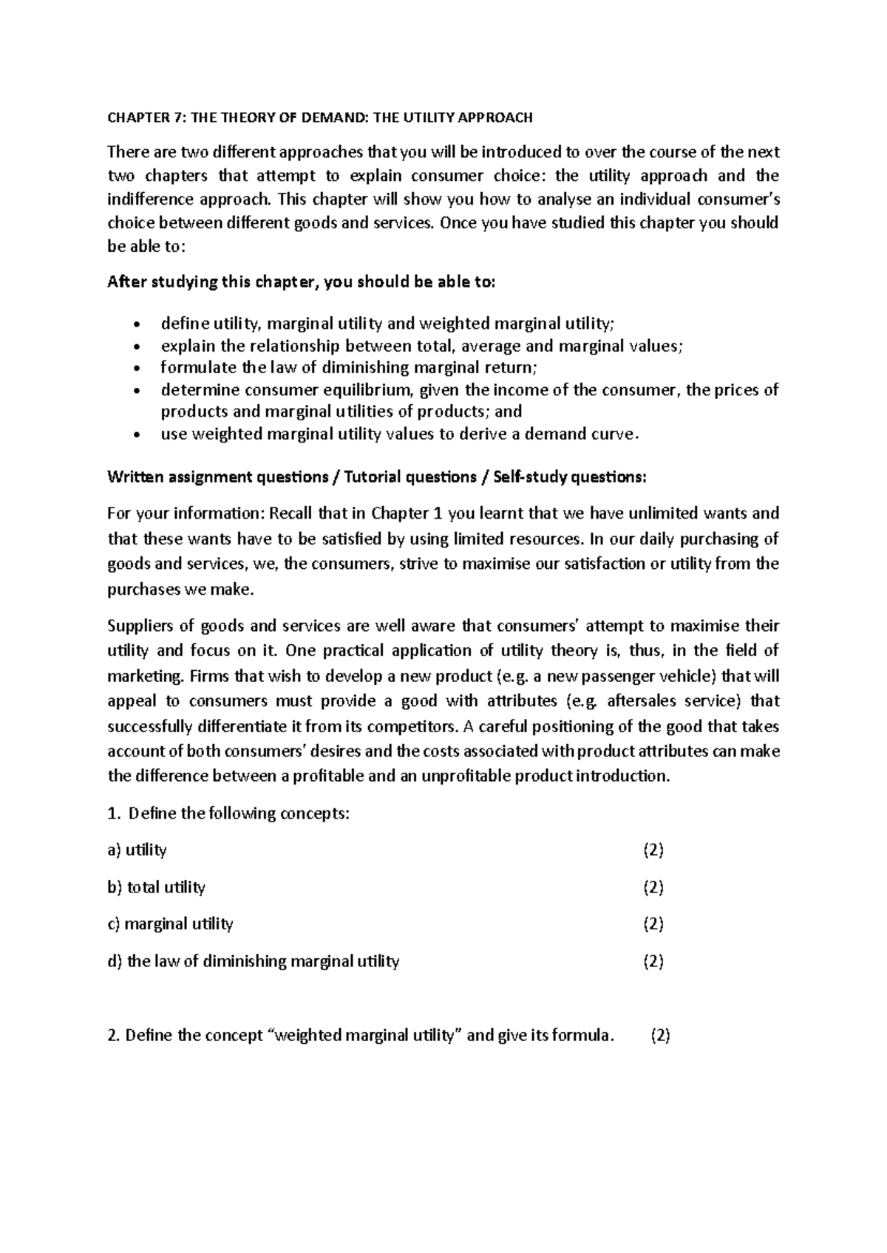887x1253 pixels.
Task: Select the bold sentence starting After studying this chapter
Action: [x=302, y=282]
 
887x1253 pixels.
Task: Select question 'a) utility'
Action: [x=137, y=850]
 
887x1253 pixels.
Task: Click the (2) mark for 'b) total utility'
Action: [x=653, y=887]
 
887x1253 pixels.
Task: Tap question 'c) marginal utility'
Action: [x=171, y=924]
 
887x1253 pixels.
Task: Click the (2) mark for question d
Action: [x=653, y=961]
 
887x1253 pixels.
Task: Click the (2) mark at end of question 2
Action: [x=659, y=1036]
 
